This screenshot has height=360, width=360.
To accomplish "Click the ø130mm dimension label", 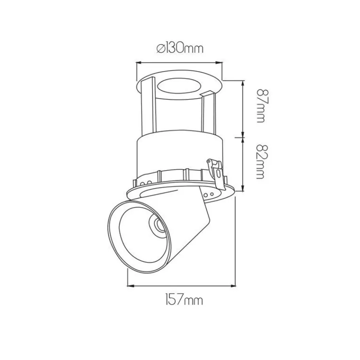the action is tap(180, 48).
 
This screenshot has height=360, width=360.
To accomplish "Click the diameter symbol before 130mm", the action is tap(161, 49).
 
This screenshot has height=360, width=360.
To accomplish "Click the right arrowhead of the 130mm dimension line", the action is tap(220, 62).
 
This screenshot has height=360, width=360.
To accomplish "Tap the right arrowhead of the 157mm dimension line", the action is tap(233, 286).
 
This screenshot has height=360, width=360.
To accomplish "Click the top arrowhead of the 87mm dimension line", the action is tap(243, 83).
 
